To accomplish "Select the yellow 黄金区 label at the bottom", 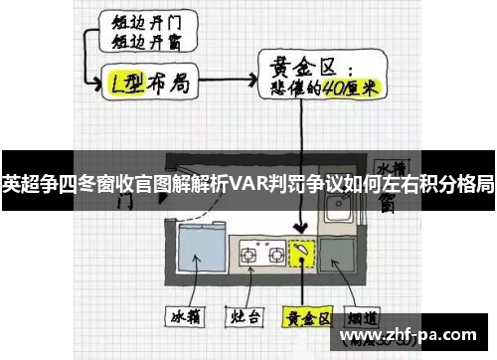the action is click(304, 319).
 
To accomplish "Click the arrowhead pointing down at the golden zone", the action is click(303, 230).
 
